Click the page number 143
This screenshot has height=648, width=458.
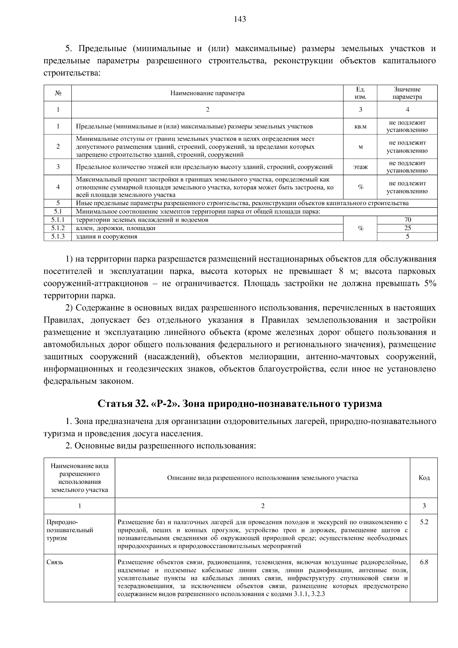pyautogui.click(x=240, y=19)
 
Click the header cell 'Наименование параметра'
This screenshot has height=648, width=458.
pyautogui.click(x=207, y=93)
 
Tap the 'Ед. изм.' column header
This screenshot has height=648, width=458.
pyautogui.click(x=360, y=93)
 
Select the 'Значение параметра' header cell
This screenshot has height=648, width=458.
pyautogui.click(x=407, y=93)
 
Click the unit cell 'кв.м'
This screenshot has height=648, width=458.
pyautogui.click(x=360, y=126)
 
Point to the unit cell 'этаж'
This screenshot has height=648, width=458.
pyautogui.click(x=360, y=167)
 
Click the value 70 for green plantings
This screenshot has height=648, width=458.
pyautogui.click(x=407, y=220)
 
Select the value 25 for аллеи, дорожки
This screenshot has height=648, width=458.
pyautogui.click(x=407, y=228)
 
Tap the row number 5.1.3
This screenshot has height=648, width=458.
pyautogui.click(x=58, y=237)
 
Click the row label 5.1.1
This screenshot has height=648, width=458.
pyautogui.click(x=58, y=220)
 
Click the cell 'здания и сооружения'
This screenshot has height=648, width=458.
pyautogui.click(x=106, y=237)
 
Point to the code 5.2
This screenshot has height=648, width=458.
pyautogui.click(x=424, y=522)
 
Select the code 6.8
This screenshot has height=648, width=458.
pyautogui.click(x=424, y=562)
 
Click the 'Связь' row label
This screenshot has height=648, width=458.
pyautogui.click(x=55, y=562)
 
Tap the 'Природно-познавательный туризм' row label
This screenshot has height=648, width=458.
pyautogui.click(x=69, y=530)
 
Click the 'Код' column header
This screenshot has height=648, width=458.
pyautogui.click(x=424, y=478)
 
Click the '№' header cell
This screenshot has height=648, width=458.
pyautogui.click(x=58, y=93)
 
